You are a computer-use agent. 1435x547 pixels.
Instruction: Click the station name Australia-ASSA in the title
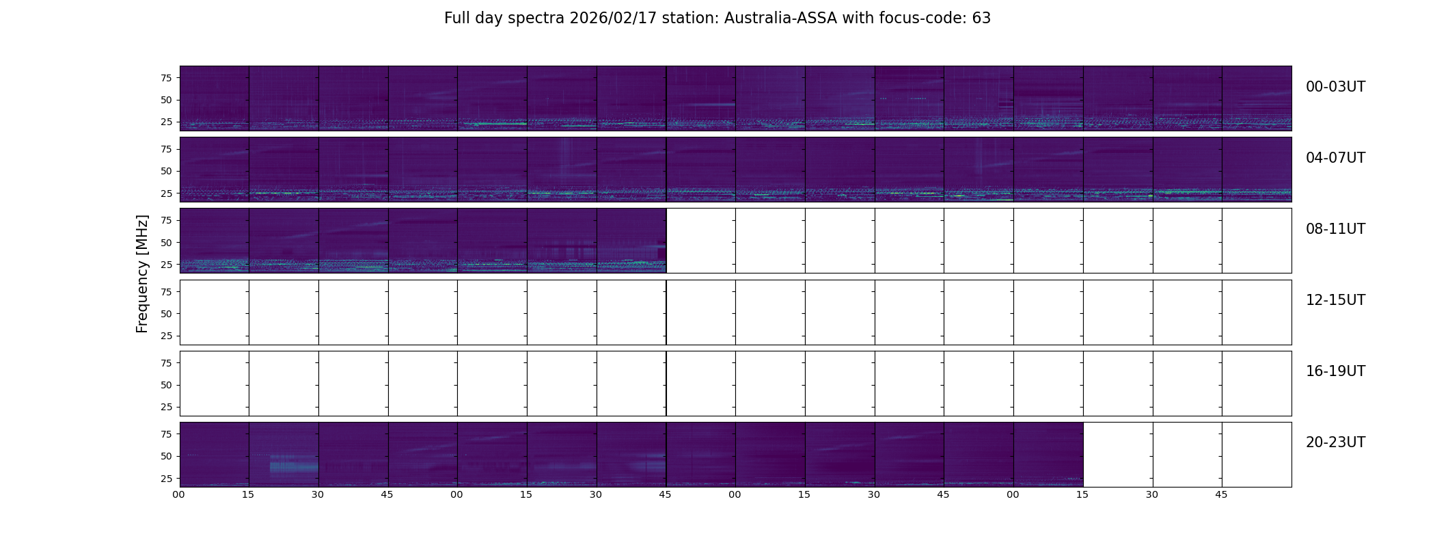(780, 18)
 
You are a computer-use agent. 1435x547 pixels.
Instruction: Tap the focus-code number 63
(981, 18)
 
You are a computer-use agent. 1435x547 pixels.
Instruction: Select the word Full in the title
(457, 18)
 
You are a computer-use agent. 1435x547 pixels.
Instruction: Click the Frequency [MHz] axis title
(142, 273)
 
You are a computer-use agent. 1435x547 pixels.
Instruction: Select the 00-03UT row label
(1335, 87)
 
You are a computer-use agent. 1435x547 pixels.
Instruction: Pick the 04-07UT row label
(1335, 158)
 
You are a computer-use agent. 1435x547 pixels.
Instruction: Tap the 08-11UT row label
(1335, 229)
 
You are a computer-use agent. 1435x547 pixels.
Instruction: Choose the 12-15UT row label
(1335, 300)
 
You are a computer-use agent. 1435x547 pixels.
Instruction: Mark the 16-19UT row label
(1335, 371)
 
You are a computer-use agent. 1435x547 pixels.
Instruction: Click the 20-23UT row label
(1335, 442)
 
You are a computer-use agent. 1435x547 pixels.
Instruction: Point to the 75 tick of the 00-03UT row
(166, 78)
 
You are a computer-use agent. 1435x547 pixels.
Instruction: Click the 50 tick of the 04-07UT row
(166, 171)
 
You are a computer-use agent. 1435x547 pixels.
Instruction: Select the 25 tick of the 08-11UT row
(166, 265)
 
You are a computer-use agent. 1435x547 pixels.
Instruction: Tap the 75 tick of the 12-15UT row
(166, 291)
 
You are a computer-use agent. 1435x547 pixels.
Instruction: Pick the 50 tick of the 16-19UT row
(166, 385)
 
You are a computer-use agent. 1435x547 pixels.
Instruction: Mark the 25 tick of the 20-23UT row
(166, 479)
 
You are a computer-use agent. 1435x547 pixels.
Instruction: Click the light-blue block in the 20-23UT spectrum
(294, 467)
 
